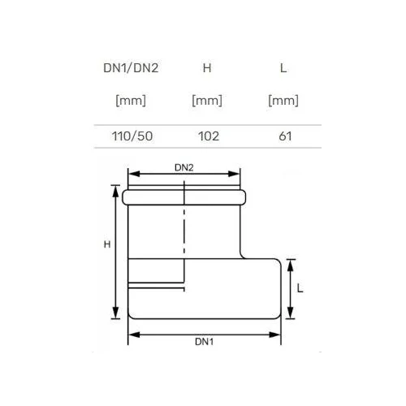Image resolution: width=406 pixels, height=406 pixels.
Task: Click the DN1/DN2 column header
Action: [131, 68]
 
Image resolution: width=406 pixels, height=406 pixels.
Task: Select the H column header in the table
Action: [207, 68]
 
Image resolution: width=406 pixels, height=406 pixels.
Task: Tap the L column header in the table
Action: [283, 68]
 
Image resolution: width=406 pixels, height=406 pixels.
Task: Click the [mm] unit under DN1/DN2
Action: [131, 101]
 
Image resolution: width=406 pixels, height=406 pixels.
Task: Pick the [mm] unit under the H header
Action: [207, 101]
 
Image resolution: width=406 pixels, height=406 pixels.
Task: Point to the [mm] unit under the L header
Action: [283, 101]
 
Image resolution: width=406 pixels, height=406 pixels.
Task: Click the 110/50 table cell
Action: [132, 136]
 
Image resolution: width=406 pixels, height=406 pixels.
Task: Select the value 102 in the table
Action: [209, 136]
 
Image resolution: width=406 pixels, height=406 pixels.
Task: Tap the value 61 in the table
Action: [285, 136]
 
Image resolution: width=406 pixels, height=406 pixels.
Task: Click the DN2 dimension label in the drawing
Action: [184, 167]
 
